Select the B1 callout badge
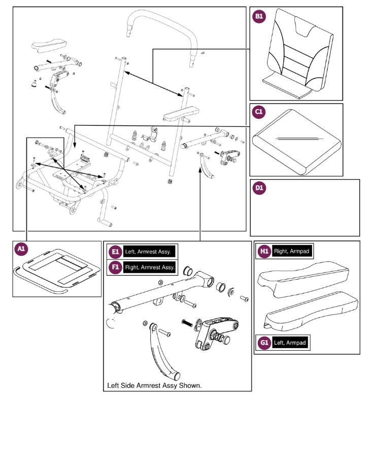click(259, 16)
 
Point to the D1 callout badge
click(259, 188)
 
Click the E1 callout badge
click(115, 252)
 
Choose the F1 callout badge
click(115, 267)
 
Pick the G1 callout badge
click(264, 343)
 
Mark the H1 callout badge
click(264, 251)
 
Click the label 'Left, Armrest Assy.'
click(149, 252)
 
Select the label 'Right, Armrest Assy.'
click(150, 267)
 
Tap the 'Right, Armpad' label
click(291, 251)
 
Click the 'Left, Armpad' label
click(290, 343)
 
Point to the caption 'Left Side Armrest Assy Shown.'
click(154, 385)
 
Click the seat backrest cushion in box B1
click(299, 56)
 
